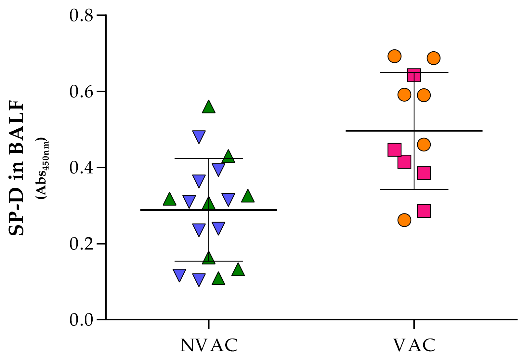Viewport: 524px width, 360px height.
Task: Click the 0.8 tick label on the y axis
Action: (81, 16)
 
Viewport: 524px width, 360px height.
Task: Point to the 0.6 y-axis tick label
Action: (81, 92)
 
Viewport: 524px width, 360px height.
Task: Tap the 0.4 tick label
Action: (81, 168)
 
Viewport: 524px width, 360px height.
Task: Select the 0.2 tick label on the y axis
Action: (81, 244)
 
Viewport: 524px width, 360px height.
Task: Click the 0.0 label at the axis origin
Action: (81, 320)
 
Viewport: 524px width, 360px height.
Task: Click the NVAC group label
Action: (209, 345)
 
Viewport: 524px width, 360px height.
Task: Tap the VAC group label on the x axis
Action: (414, 345)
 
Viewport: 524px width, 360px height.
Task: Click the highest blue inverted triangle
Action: (199, 136)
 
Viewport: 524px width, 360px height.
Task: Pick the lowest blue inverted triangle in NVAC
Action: (199, 279)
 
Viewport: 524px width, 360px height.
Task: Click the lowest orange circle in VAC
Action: (404, 220)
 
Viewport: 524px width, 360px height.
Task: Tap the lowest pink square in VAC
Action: (424, 211)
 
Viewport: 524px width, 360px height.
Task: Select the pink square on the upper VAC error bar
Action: (414, 75)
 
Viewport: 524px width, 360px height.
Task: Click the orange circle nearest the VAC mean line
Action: (424, 145)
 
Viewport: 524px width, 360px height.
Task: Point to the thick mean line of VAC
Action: (455, 131)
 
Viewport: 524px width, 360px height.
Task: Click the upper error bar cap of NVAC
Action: (228, 159)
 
